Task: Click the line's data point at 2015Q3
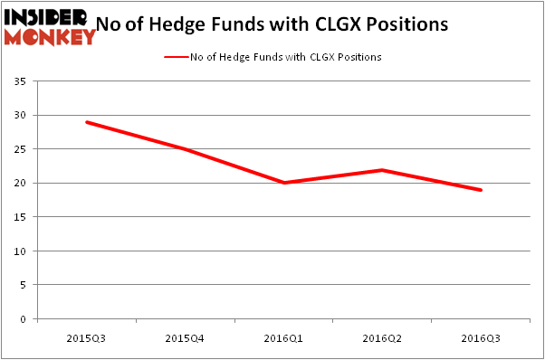point(86,122)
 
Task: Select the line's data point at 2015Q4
point(185,149)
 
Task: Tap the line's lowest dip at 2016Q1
point(283,183)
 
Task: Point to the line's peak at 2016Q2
point(382,169)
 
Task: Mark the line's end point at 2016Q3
point(481,190)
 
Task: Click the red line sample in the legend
point(176,57)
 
